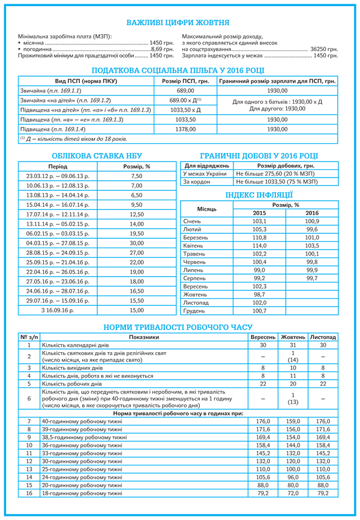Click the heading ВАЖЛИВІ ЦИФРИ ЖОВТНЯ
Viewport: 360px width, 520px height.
(178, 23)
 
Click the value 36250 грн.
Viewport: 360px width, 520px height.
(324, 47)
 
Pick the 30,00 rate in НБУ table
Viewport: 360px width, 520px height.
(137, 243)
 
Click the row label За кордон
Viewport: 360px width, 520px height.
(197, 181)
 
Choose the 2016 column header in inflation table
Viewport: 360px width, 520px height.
(312, 213)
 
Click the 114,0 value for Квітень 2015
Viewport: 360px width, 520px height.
(259, 246)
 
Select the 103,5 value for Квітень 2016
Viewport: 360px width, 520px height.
(312, 246)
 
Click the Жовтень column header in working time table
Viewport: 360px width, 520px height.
(293, 337)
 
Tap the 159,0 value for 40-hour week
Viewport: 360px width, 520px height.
(293, 422)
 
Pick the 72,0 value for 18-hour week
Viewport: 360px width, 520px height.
(293, 493)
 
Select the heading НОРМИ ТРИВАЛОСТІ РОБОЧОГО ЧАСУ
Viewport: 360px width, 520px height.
(178, 326)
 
